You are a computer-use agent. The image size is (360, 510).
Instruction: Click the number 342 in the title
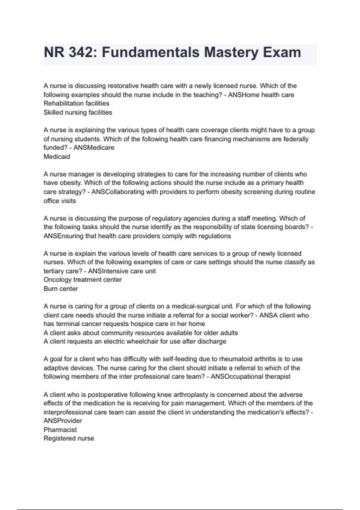coord(81,52)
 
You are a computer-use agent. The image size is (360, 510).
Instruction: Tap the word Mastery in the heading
coord(231,52)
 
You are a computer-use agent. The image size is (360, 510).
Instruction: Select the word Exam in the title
coord(282,52)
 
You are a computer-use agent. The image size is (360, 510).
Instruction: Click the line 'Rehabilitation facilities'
coord(76,103)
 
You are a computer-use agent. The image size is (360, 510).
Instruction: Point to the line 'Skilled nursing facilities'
coord(78,112)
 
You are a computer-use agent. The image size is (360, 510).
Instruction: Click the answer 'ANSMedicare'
coord(94,148)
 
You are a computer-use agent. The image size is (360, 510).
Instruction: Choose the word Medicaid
coord(57,157)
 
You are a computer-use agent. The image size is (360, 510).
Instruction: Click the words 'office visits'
coord(60,201)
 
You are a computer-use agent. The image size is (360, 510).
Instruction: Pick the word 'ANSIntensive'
coord(109,271)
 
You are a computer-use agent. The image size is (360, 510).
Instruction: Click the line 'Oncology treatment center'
coord(82,280)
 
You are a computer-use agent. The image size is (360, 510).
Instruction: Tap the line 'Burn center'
coord(61,289)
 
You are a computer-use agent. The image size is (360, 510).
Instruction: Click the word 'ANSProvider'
coord(63,421)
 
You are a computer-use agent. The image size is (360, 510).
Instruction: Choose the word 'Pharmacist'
coord(60,430)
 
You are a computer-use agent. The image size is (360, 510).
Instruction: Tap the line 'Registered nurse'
coord(69,438)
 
